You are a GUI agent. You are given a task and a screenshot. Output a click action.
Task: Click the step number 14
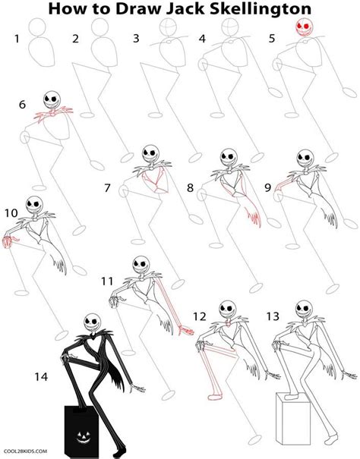tap(42, 375)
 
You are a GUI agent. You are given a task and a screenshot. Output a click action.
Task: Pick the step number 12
tap(200, 316)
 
